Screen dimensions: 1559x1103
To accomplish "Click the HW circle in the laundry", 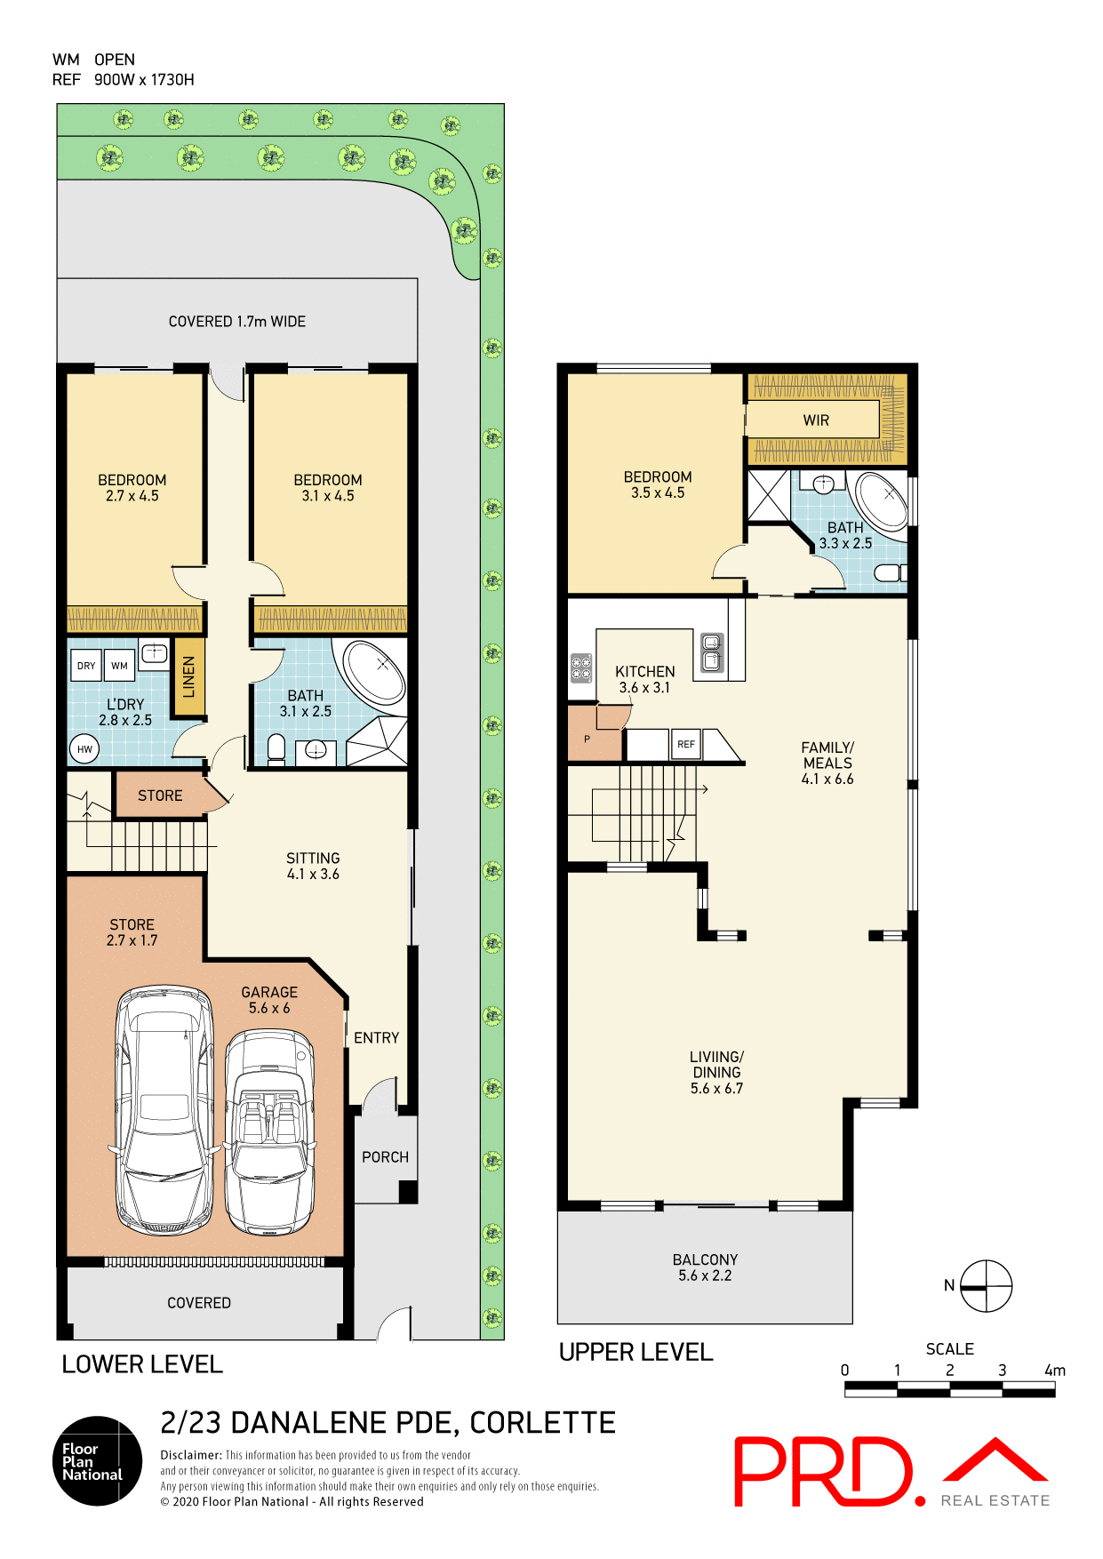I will click(84, 749).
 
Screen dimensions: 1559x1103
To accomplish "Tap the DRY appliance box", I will click(86, 666).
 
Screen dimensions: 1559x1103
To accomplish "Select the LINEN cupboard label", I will click(188, 677).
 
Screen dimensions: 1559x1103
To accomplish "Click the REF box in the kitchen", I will click(686, 744).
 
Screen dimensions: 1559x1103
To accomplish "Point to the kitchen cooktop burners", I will click(581, 668).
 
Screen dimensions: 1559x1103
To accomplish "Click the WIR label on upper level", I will click(816, 420).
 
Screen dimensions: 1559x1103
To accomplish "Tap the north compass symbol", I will click(986, 1286).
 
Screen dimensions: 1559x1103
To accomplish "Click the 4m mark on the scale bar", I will click(1054, 1371).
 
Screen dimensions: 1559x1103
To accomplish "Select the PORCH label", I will click(385, 1157).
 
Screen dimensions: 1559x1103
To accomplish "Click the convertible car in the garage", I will click(269, 1132).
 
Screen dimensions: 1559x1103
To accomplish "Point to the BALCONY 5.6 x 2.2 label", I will click(705, 1267).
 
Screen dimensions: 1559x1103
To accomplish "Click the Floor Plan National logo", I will click(97, 1461).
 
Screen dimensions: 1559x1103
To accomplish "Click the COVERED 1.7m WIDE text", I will click(236, 322).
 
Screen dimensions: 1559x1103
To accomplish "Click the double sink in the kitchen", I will click(712, 652).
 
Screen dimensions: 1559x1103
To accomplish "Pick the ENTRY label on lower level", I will click(376, 1038).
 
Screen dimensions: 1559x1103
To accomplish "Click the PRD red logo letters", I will click(822, 1472).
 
